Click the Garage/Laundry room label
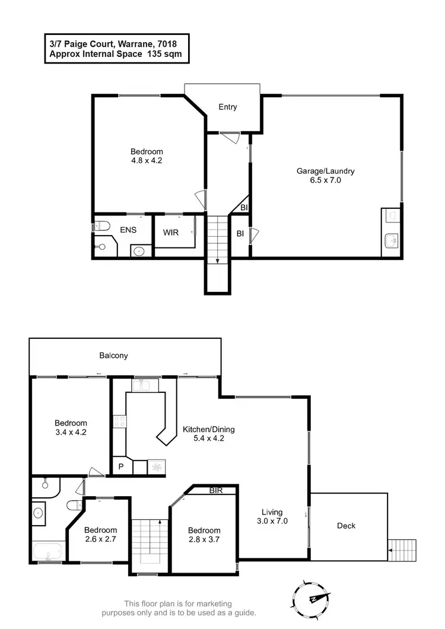click(x=325, y=171)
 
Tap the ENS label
click(x=129, y=229)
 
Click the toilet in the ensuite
click(x=101, y=226)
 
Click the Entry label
click(x=228, y=107)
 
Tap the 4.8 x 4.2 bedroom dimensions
click(x=147, y=160)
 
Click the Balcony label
click(x=113, y=356)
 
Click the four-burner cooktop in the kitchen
click(x=119, y=422)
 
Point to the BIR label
click(x=217, y=491)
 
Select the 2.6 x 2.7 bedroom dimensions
click(x=100, y=539)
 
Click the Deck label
click(x=347, y=526)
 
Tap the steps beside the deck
click(x=402, y=549)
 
